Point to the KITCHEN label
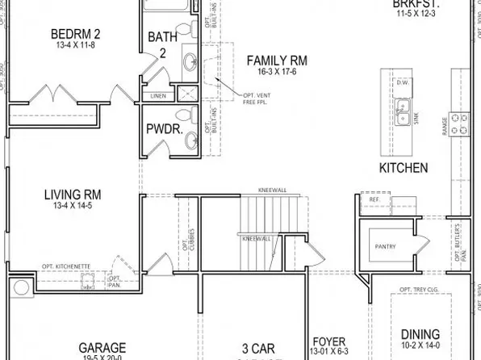[403, 168]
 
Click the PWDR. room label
[162, 129]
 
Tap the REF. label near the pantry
[374, 199]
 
